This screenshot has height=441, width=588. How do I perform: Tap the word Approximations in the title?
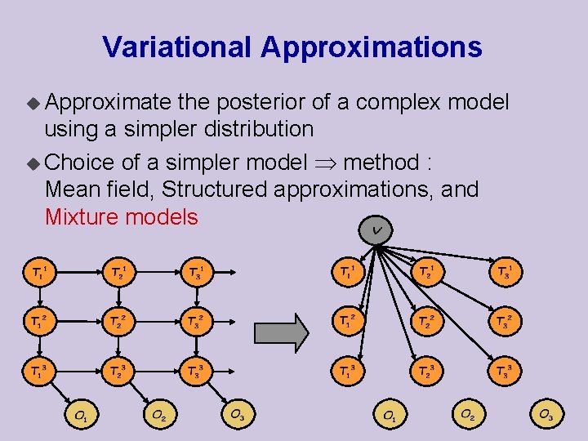pos(372,47)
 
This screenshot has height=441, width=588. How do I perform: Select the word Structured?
pos(215,190)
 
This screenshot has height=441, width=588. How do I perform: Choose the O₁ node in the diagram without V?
pos(81,416)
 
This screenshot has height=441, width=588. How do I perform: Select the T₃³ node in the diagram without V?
pos(195,374)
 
